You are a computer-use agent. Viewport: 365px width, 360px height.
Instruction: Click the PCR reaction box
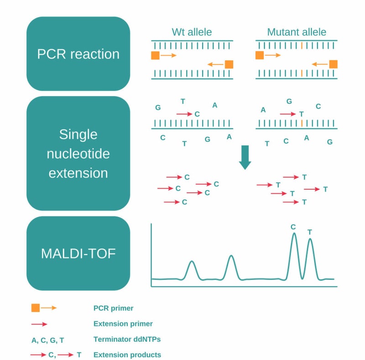(x=78, y=54)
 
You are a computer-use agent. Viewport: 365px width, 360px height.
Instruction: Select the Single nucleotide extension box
(x=78, y=154)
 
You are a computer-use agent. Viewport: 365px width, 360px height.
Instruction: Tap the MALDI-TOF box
(x=78, y=253)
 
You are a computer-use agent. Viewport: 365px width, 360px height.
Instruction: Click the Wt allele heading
(x=192, y=32)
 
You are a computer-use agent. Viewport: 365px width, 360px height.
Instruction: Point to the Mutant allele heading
(x=297, y=32)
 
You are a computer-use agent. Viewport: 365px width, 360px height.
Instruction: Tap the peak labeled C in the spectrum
(x=294, y=235)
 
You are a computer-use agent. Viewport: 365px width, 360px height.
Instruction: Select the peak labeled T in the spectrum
(x=310, y=240)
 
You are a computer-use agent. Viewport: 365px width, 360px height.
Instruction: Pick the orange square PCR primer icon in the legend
(x=36, y=308)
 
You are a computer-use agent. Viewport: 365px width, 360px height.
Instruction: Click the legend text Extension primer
(x=123, y=324)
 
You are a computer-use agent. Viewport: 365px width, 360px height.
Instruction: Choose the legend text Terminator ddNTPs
(x=126, y=339)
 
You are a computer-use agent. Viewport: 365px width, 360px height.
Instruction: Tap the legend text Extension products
(x=127, y=355)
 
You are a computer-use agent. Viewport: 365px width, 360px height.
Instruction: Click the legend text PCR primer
(x=113, y=308)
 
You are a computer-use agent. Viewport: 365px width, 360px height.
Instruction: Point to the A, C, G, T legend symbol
(x=48, y=340)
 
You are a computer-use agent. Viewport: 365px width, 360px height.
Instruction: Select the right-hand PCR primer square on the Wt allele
(x=229, y=64)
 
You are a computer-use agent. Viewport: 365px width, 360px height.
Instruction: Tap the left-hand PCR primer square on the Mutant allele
(x=260, y=55)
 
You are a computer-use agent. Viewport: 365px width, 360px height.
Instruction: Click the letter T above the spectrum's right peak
(x=310, y=232)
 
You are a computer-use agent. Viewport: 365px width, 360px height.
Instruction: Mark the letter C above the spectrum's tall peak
(x=293, y=227)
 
